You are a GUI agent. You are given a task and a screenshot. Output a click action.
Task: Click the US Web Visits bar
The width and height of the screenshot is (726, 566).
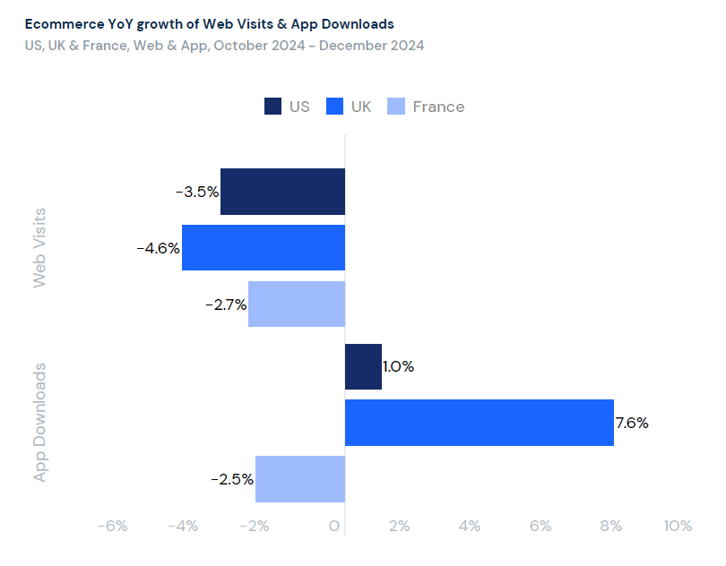282,192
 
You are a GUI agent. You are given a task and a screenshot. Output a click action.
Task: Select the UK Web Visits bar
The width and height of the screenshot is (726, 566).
264,247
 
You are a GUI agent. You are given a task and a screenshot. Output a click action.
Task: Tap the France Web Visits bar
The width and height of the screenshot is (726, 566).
297,304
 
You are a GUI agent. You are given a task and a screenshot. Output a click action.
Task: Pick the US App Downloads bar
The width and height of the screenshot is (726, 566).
363,367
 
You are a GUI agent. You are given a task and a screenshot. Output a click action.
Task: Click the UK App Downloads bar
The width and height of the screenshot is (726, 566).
479,423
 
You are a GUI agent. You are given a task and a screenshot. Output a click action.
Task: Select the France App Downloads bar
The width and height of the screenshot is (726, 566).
300,479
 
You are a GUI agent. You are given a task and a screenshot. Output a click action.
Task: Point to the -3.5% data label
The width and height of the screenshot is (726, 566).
197,192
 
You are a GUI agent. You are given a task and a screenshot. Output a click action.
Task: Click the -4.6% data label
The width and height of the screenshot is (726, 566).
159,248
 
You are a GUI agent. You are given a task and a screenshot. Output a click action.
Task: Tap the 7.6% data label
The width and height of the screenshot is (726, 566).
632,423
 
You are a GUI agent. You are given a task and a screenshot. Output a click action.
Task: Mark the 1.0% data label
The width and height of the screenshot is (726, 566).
399,367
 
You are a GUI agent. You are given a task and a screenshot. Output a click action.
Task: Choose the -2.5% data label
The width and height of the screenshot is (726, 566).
232,479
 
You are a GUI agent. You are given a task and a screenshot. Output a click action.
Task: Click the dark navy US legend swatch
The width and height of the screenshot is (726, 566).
273,107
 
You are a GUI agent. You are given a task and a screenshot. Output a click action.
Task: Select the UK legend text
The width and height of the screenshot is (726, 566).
361,107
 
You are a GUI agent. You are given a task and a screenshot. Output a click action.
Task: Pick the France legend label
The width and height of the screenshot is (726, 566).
438,107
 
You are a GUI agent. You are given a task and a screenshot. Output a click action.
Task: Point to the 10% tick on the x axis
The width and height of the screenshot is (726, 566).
678,527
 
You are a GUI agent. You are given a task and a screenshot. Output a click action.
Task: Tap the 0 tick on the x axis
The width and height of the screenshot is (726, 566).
335,527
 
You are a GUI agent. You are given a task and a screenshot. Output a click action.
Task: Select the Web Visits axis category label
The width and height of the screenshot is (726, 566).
39,248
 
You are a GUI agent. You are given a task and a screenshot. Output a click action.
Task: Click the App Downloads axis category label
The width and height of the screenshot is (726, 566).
39,423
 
